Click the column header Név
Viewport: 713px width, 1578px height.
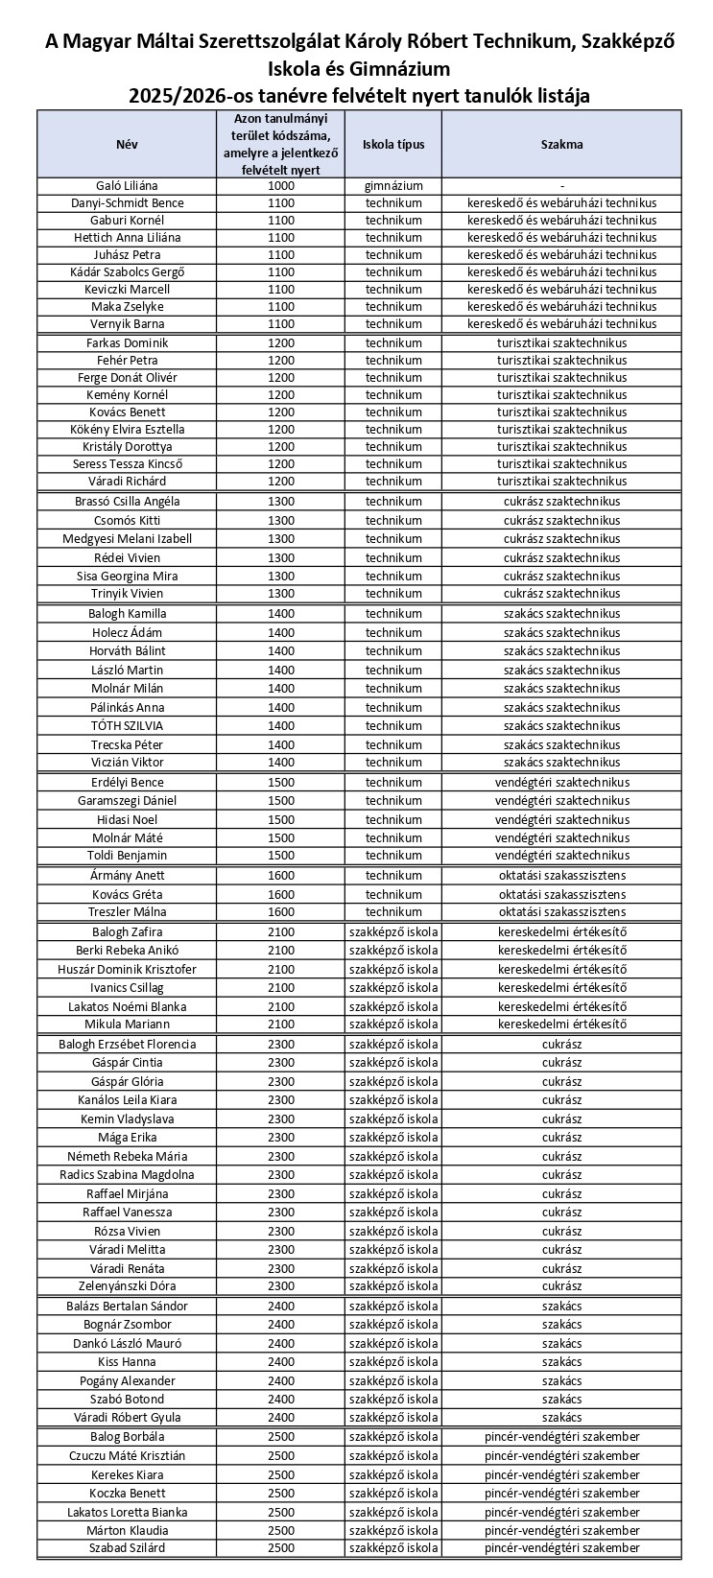point(128,145)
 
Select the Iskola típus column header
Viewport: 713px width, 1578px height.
point(393,145)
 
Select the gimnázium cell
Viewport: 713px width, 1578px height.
point(393,186)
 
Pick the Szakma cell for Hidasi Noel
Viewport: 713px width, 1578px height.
point(561,820)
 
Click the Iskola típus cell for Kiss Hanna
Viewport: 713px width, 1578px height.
point(393,1362)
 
